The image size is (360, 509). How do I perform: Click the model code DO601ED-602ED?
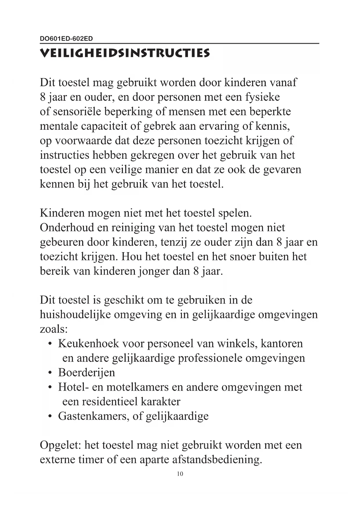click(x=66, y=39)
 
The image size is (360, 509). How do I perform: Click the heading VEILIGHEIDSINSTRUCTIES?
click(x=125, y=53)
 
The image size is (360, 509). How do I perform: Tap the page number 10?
click(x=180, y=474)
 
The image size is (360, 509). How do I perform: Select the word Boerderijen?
click(x=86, y=373)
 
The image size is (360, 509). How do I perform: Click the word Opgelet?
click(x=60, y=445)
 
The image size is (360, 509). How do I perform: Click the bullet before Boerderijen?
click(x=50, y=373)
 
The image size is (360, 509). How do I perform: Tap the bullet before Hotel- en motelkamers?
click(x=50, y=387)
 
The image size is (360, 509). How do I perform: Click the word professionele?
click(x=210, y=358)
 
